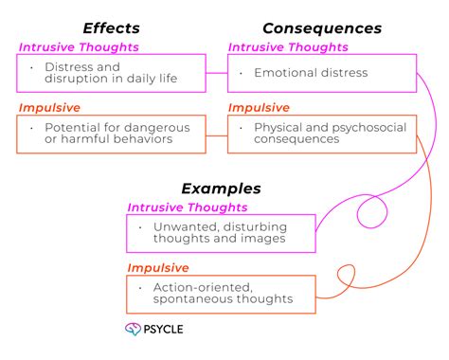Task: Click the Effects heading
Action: (x=112, y=27)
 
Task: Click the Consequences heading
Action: (x=322, y=27)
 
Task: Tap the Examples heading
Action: (x=221, y=189)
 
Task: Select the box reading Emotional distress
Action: (x=322, y=73)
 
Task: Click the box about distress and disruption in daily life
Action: (x=112, y=73)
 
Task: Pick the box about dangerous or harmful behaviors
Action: (x=112, y=134)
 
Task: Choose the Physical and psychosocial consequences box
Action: (x=322, y=134)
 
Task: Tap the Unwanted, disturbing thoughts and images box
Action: (x=221, y=233)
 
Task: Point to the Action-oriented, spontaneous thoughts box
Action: (x=221, y=294)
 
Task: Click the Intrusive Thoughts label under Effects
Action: (x=79, y=46)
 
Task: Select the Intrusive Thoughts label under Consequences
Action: (x=288, y=46)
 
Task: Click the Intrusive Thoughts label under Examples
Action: (x=188, y=207)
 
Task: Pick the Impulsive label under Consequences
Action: (x=260, y=107)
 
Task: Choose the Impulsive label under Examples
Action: (x=159, y=267)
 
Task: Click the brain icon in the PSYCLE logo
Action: (x=133, y=330)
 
